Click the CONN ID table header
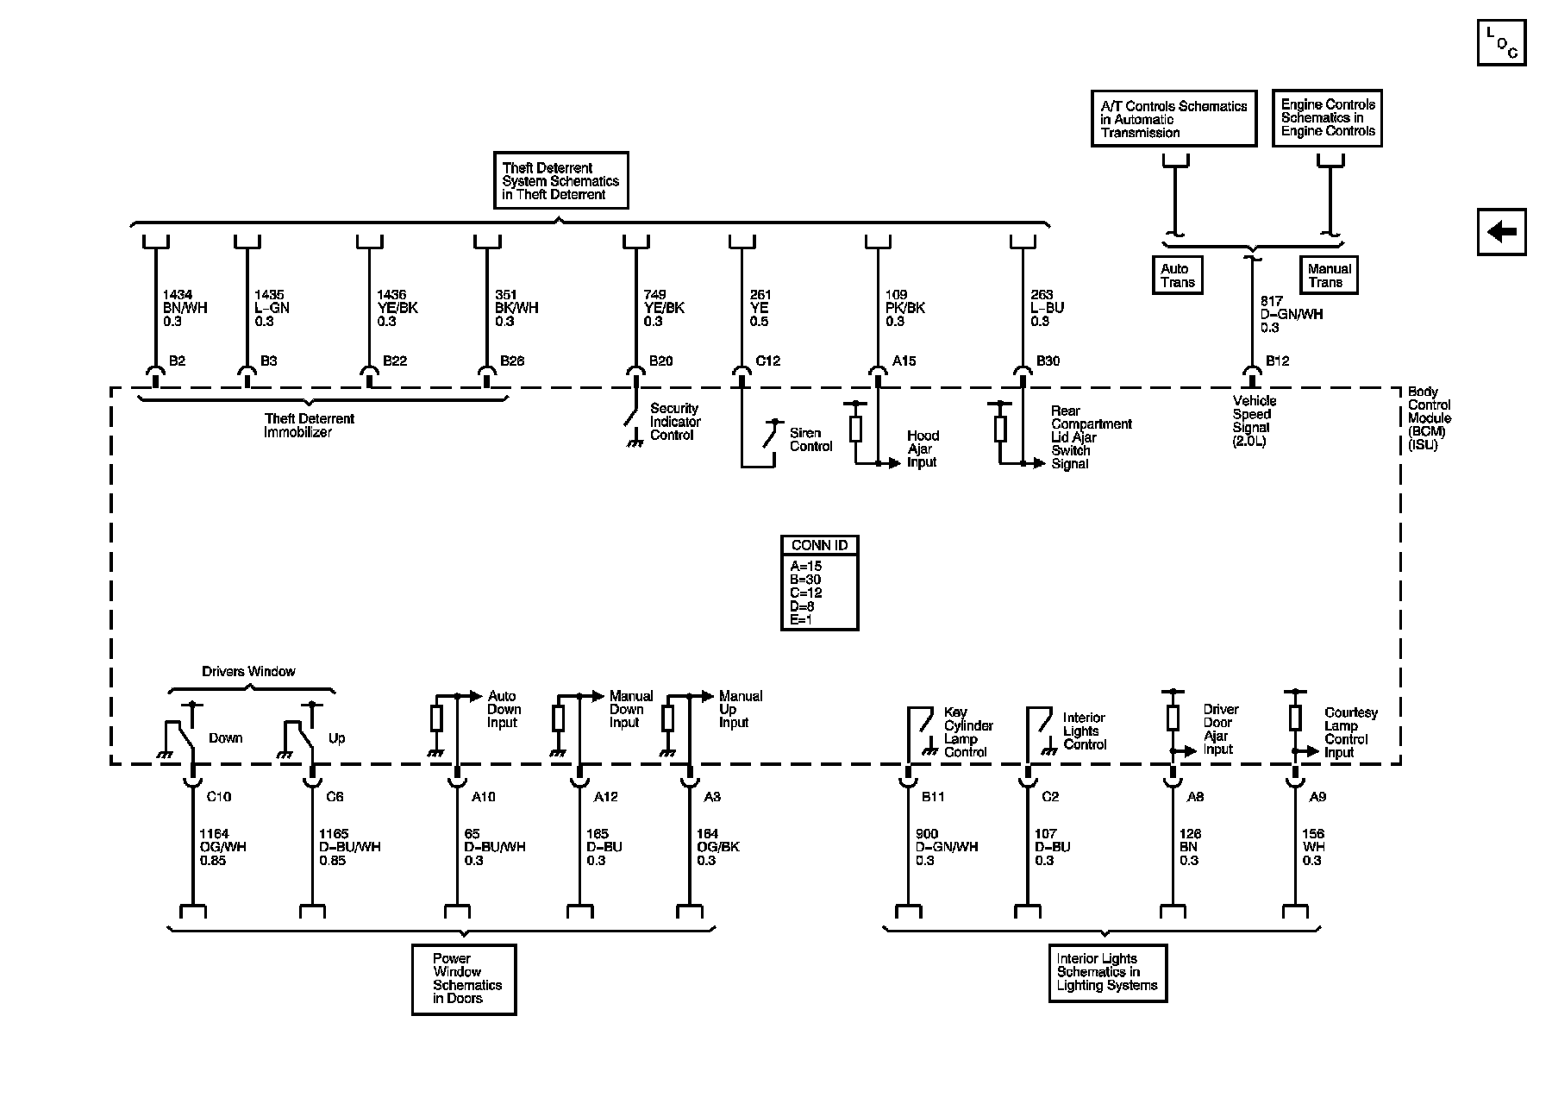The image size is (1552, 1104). pos(819,545)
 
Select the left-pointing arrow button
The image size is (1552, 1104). pos(1501,232)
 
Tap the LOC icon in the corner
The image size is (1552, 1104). pos(1501,42)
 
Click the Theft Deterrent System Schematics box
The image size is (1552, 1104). pos(560,181)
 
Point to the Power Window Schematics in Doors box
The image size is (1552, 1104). pos(464,979)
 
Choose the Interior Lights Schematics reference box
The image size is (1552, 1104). pos(1107,972)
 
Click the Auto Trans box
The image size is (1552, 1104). pos(1178,275)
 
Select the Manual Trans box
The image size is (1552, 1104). pos(1328,275)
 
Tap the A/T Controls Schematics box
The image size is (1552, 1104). pos(1173,119)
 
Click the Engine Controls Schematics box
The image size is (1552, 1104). pos(1327,118)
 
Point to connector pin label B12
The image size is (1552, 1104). pos(1277,361)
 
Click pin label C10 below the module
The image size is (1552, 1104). pos(219,797)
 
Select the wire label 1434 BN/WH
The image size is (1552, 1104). pos(185,308)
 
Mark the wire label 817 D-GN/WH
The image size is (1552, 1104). pos(1291,315)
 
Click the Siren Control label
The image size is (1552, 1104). pos(810,440)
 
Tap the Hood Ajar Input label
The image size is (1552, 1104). pos(923,449)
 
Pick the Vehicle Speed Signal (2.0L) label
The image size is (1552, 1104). pos(1254,421)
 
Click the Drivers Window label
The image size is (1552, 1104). pos(248,671)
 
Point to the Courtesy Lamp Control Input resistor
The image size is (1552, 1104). pos(1294,718)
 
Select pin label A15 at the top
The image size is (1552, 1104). pos(904,361)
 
